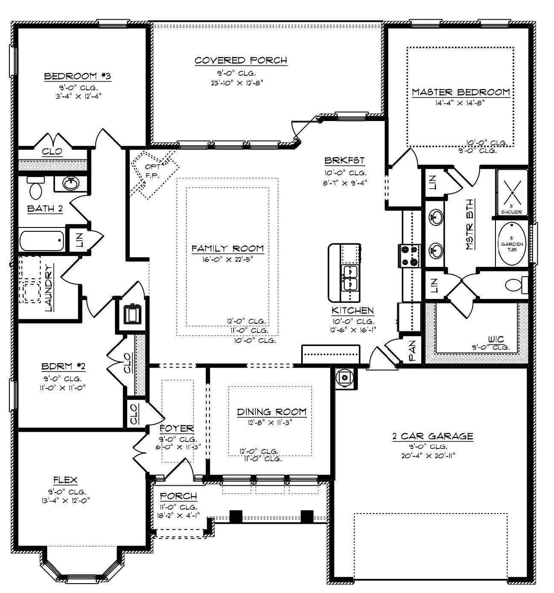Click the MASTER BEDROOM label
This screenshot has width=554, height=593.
pyautogui.click(x=460, y=92)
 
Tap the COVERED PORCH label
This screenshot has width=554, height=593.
pyautogui.click(x=240, y=60)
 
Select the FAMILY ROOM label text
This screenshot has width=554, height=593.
pyautogui.click(x=227, y=248)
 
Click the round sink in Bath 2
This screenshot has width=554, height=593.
pyautogui.click(x=70, y=184)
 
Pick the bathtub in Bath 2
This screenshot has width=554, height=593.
pyautogui.click(x=41, y=241)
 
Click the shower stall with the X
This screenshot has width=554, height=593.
pyautogui.click(x=512, y=192)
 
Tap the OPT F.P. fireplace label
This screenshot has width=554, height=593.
pyautogui.click(x=152, y=170)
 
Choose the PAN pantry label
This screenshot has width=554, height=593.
pyautogui.click(x=412, y=351)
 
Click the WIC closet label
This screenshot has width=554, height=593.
pyautogui.click(x=495, y=339)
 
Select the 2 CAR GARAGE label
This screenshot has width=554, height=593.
pyautogui.click(x=432, y=436)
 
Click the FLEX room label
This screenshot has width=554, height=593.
pyautogui.click(x=65, y=480)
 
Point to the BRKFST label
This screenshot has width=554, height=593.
pyautogui.click(x=344, y=161)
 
